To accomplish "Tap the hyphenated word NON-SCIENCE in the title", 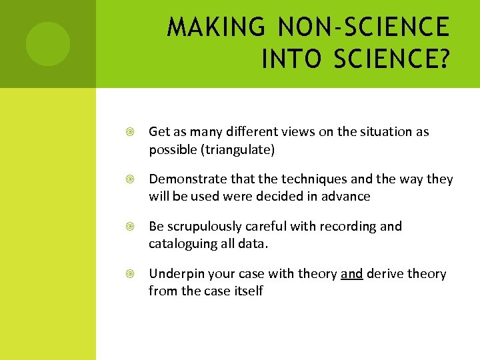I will click(x=363, y=27).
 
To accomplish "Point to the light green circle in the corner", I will click(x=47, y=44).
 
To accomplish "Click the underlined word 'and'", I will click(x=351, y=274).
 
